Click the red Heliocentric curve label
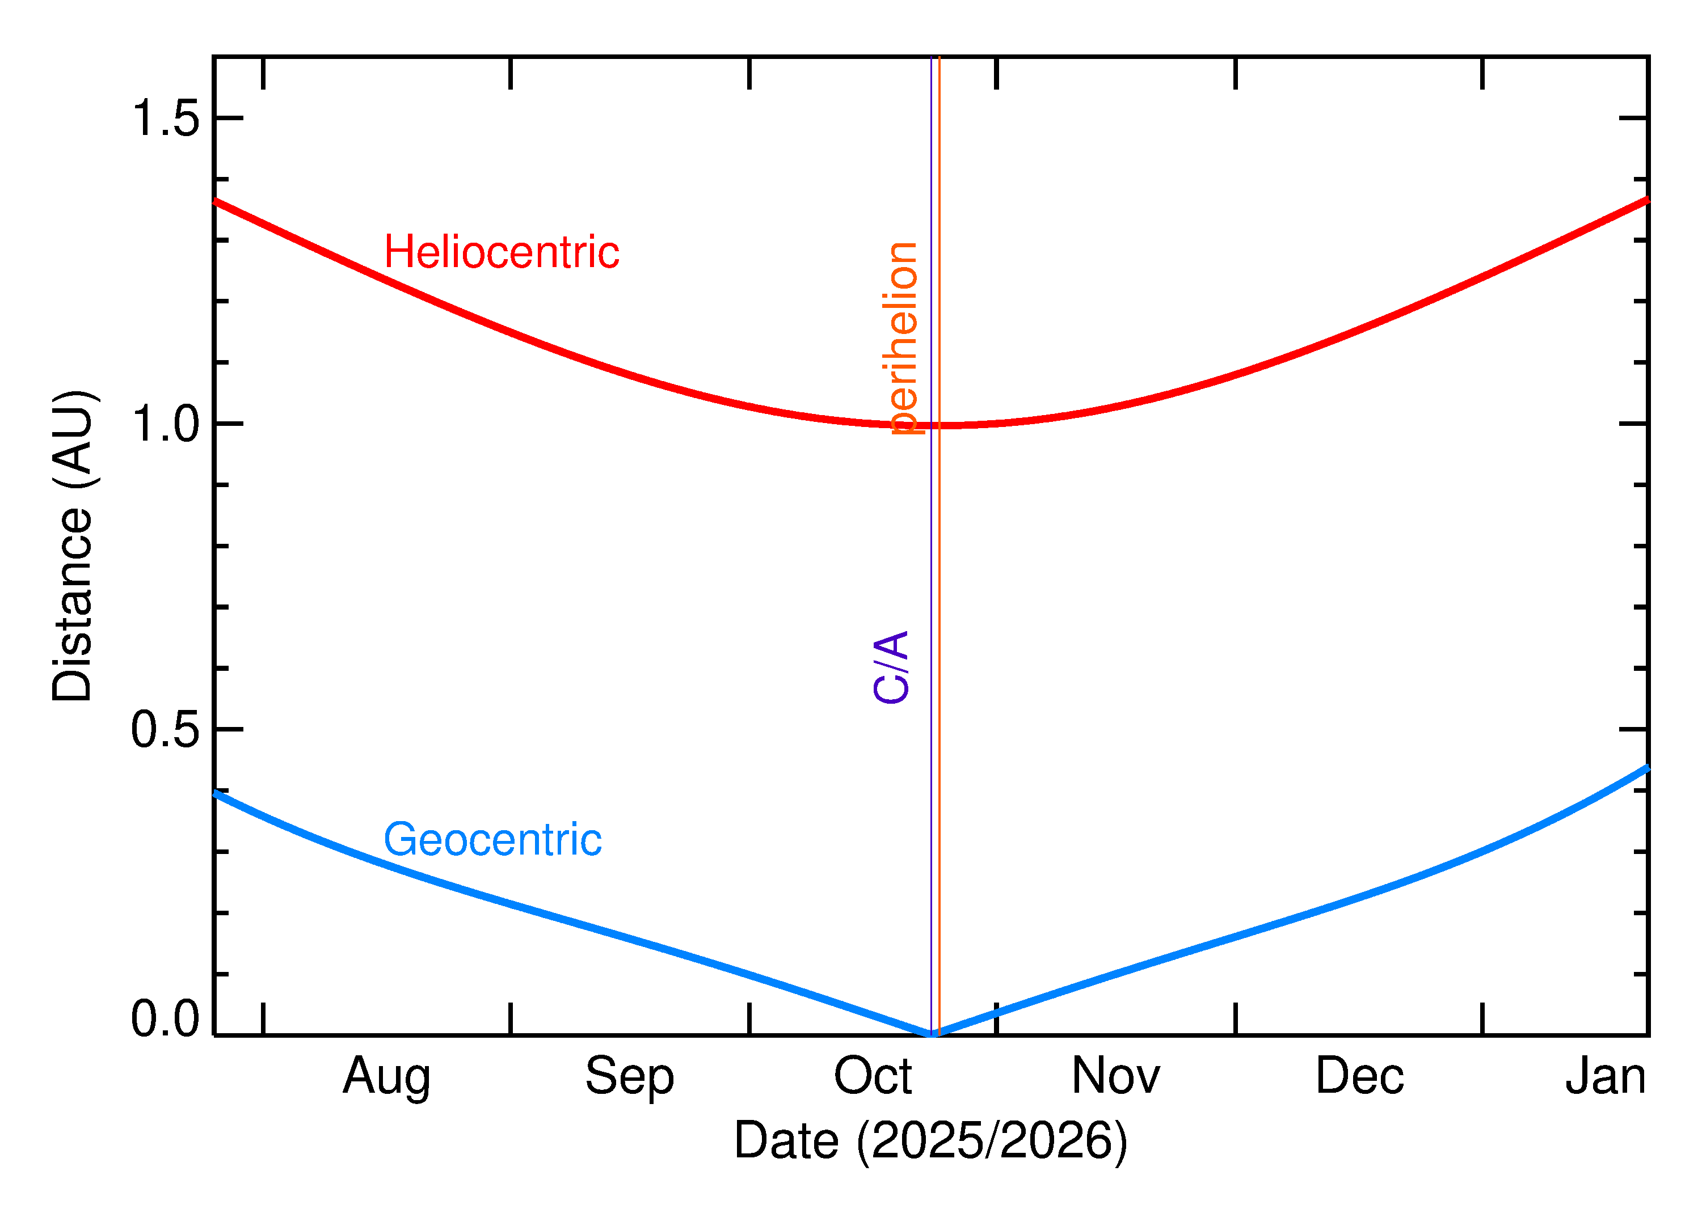click(x=501, y=252)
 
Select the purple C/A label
click(x=891, y=666)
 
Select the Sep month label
click(x=629, y=1077)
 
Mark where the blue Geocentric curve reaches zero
click(x=931, y=1034)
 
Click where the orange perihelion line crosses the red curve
click(x=939, y=425)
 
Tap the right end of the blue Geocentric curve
click(x=1646, y=768)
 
